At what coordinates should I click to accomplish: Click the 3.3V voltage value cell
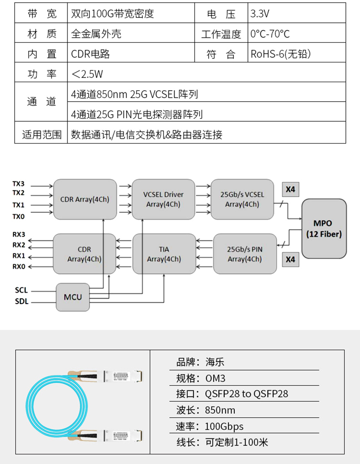point(260,14)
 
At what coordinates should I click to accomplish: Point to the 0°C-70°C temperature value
point(270,34)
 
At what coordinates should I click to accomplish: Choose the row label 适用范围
point(41,134)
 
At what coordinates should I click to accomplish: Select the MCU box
point(73,297)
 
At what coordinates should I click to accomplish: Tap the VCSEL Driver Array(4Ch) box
point(163,199)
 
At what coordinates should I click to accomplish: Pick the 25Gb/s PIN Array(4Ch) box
point(245,254)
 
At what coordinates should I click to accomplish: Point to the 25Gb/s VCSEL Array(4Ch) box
point(242,199)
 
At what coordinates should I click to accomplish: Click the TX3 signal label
point(19,184)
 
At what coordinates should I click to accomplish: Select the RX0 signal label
point(19,266)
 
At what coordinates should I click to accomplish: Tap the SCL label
point(21,290)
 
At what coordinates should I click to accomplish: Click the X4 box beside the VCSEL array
point(290,189)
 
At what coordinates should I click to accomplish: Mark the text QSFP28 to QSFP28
point(247,394)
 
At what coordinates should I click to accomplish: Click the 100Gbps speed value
point(224,427)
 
